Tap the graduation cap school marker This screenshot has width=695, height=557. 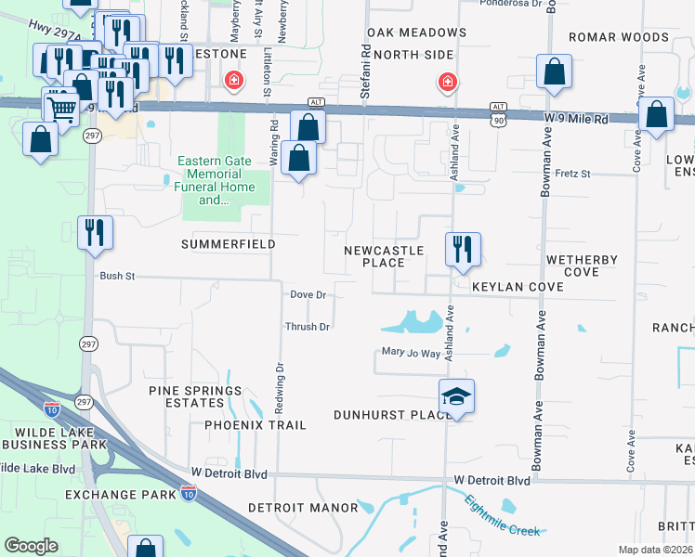[x=456, y=397]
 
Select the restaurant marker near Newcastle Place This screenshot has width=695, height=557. [x=462, y=251]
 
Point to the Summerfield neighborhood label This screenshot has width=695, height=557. [x=228, y=244]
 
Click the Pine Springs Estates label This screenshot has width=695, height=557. [x=195, y=396]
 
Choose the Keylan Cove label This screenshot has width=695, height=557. [x=518, y=288]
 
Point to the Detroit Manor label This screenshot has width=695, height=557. [x=303, y=508]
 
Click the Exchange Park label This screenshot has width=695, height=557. [x=121, y=495]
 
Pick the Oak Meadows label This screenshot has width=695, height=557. [x=416, y=32]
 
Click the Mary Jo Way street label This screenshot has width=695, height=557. [x=411, y=352]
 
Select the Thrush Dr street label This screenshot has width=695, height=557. [x=308, y=327]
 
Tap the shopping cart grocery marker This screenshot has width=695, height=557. [x=62, y=107]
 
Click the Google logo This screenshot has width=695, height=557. [x=31, y=546]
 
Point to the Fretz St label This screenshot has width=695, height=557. [x=573, y=173]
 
